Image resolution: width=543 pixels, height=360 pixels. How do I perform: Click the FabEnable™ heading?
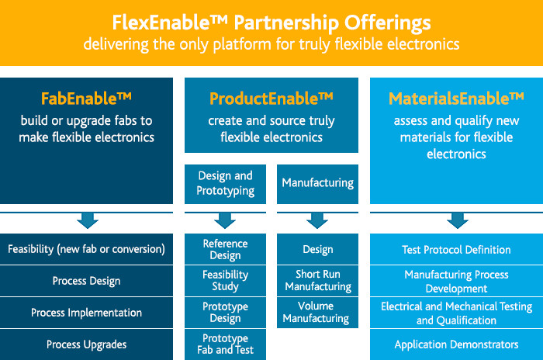click(x=86, y=99)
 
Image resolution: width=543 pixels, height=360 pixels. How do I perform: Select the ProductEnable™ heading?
click(x=271, y=99)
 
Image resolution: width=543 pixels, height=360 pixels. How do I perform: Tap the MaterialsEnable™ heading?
click(x=456, y=99)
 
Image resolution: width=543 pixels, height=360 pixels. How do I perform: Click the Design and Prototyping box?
click(x=225, y=184)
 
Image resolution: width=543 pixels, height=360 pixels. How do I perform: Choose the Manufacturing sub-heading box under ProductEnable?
click(x=317, y=184)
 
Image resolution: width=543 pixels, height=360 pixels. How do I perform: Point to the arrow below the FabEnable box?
click(x=87, y=220)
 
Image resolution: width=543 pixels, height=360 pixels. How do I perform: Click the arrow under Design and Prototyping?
click(x=225, y=220)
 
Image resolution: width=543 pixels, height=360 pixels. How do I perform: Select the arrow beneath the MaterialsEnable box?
click(x=458, y=220)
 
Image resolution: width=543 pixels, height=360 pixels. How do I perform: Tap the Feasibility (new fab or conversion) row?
click(x=86, y=249)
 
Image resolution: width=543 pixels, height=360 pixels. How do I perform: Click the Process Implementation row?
click(x=86, y=313)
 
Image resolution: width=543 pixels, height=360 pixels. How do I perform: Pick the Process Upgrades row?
click(x=86, y=344)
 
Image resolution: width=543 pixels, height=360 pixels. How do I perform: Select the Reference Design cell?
click(x=225, y=249)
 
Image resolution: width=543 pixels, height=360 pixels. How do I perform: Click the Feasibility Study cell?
click(x=225, y=281)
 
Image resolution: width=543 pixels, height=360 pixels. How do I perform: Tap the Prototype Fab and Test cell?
click(x=225, y=344)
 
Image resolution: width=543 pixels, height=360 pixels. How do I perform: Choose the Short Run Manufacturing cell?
click(x=317, y=281)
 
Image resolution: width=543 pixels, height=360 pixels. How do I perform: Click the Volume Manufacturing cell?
click(x=317, y=313)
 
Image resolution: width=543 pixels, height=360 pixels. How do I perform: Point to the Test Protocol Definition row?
click(x=456, y=249)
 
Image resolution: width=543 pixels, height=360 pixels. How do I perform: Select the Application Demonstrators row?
click(x=456, y=344)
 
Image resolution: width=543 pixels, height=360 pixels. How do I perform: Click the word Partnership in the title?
click(x=286, y=23)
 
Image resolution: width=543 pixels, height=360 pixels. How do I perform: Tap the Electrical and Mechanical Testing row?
click(x=456, y=313)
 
